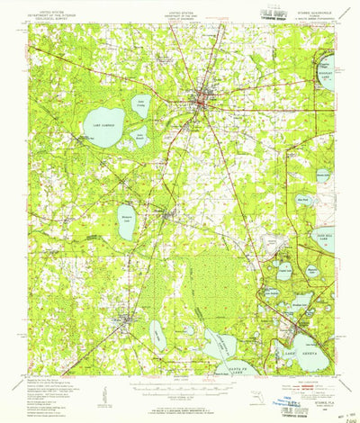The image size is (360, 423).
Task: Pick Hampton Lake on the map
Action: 127,217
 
